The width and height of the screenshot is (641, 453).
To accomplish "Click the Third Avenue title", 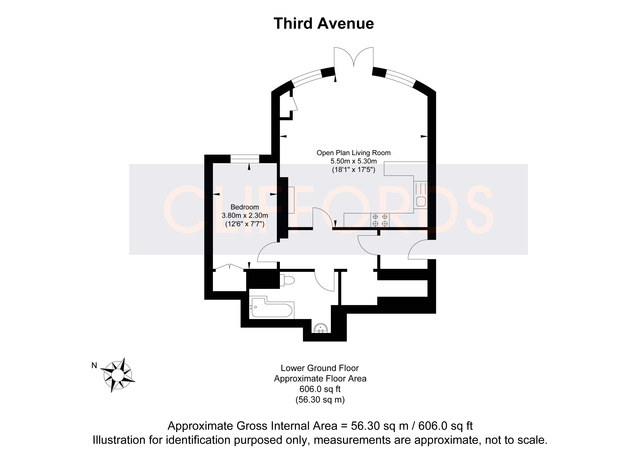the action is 324,23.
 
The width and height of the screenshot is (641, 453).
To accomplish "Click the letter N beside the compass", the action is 94,365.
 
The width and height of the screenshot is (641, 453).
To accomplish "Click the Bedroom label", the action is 244,207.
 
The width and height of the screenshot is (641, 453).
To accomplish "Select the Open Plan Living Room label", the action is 353,153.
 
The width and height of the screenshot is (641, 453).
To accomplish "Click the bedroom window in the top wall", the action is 245,159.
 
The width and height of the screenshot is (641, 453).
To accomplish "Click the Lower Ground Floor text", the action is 320,368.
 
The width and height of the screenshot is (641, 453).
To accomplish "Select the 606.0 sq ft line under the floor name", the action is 320,389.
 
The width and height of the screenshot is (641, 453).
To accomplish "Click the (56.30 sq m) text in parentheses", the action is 320,400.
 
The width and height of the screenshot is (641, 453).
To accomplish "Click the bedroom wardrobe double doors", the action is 229,267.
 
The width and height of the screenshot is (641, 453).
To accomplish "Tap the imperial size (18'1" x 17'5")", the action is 353,170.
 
